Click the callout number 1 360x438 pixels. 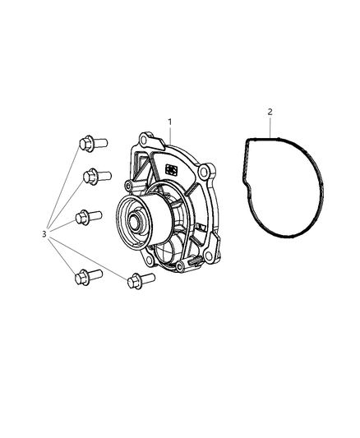(169, 122)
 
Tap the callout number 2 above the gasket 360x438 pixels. (270, 112)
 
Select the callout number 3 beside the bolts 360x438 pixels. (44, 234)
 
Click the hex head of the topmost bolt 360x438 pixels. (85, 144)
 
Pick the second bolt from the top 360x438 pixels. (98, 177)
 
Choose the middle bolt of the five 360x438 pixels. (89, 217)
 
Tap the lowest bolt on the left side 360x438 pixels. (89, 277)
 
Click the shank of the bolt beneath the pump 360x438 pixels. (147, 278)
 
